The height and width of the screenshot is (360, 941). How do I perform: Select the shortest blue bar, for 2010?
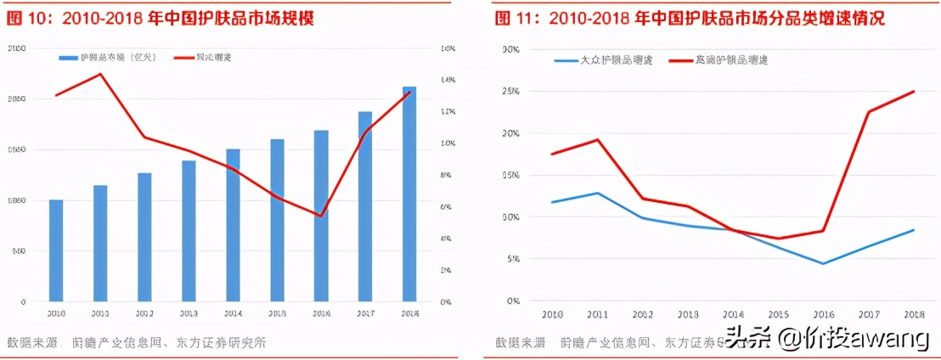point(56,250)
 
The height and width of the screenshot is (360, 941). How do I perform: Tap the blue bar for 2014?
point(233,225)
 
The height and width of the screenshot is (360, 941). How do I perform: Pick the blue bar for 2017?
point(364,206)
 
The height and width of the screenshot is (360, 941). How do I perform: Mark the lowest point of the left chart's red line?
point(320,216)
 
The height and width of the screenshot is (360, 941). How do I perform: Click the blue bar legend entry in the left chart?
point(107,58)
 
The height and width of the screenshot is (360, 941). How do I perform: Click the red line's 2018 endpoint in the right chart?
point(914,91)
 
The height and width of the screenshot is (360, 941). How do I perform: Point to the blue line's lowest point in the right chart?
point(822,263)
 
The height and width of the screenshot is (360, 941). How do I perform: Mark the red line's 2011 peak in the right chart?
point(598,139)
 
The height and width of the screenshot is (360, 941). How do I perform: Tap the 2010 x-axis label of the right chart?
point(552,314)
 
